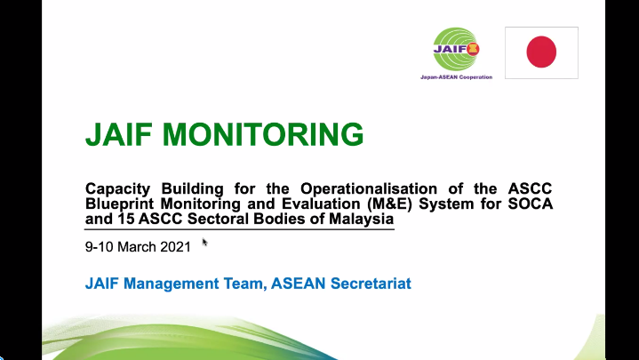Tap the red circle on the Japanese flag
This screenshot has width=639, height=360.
[x=541, y=52]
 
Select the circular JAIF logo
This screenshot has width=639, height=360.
[x=456, y=51]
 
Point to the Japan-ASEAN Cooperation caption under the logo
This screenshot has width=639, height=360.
[x=456, y=77]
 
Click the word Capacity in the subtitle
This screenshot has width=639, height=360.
[x=117, y=188]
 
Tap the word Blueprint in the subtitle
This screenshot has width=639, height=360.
[x=120, y=204]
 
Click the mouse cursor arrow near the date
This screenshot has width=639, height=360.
[x=204, y=241]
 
